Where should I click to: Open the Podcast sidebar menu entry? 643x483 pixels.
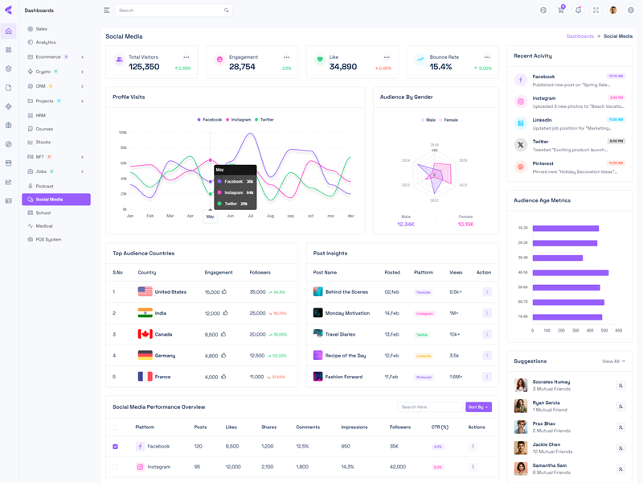tap(44, 186)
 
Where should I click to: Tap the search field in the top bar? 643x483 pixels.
tap(169, 10)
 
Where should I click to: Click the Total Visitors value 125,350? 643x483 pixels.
tap(144, 67)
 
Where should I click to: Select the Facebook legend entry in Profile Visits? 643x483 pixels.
tap(210, 119)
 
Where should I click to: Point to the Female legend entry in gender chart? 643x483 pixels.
tap(448, 120)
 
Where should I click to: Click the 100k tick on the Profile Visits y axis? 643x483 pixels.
tap(123, 132)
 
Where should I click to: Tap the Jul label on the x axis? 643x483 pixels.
tap(250, 216)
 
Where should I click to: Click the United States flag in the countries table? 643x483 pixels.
tap(145, 291)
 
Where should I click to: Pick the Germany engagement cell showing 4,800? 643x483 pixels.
tap(211, 355)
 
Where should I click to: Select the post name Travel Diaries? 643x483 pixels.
tap(340, 334)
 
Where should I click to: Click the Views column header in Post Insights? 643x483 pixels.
tap(456, 272)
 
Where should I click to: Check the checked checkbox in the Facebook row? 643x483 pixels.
tap(116, 446)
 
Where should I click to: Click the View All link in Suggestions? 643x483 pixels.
tap(613, 361)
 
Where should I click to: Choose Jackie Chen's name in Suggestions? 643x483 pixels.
tap(547, 444)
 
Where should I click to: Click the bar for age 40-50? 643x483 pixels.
tap(570, 272)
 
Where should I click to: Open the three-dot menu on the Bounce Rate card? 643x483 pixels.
tap(486, 57)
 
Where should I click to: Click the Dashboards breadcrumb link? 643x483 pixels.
tap(580, 36)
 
